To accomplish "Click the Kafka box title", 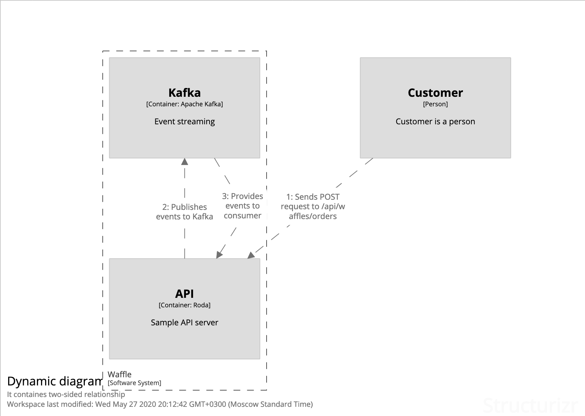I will (x=184, y=93).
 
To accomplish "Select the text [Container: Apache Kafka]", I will (x=184, y=104).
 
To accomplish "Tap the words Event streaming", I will (x=184, y=122).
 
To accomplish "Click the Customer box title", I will (x=435, y=93).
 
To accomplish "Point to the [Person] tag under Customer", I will (x=435, y=104).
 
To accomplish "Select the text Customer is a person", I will (x=435, y=122).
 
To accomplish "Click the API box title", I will (x=184, y=294).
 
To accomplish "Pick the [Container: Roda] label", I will (x=184, y=305).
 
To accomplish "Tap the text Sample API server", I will (x=184, y=323).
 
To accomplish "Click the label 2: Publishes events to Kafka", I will (x=184, y=212).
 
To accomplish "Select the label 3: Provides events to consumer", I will (x=242, y=206).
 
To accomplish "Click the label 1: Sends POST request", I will (x=313, y=206).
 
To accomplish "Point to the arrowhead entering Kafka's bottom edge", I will (x=184, y=162).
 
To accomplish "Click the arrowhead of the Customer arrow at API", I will (x=251, y=255).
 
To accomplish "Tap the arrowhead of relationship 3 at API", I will (x=219, y=255).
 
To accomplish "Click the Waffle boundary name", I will (x=119, y=374).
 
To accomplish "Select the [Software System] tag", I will (x=134, y=383).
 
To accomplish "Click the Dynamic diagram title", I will (x=54, y=381).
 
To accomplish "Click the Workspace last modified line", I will (x=160, y=404).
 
